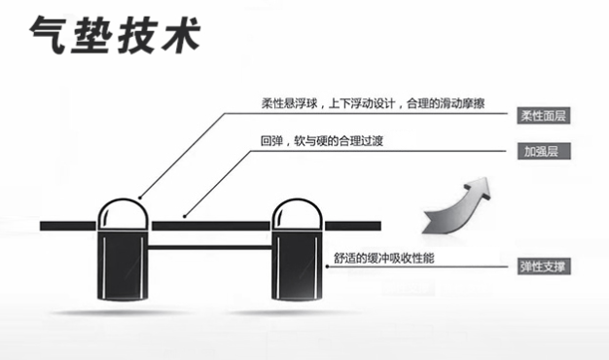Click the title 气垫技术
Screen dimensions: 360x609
tap(115, 37)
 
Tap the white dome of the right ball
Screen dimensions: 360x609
tap(297, 214)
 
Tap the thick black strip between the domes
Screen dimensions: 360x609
tap(209, 226)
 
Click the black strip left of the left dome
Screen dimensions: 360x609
tap(68, 226)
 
